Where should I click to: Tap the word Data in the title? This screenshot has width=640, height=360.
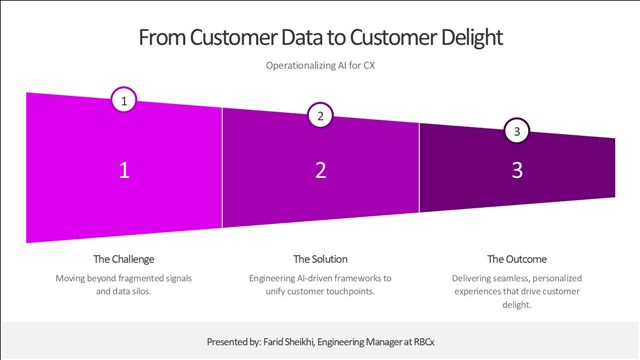301,37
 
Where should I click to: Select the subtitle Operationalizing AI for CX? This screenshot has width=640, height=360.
320,65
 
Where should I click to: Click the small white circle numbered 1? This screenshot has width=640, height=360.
124,100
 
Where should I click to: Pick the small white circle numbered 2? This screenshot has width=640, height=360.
320,116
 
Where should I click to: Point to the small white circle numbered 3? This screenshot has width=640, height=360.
517,131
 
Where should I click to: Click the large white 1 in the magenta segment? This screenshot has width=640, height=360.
124,170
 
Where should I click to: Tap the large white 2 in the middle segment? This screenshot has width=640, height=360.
321,170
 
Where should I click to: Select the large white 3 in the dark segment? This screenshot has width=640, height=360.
517,170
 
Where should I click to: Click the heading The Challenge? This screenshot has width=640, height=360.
124,259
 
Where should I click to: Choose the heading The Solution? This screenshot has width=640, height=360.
320,259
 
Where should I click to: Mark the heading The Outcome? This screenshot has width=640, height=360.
517,259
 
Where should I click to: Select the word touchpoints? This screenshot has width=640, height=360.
349,291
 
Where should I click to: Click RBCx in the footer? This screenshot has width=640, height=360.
424,342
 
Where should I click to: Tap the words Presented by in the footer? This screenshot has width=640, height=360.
233,342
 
